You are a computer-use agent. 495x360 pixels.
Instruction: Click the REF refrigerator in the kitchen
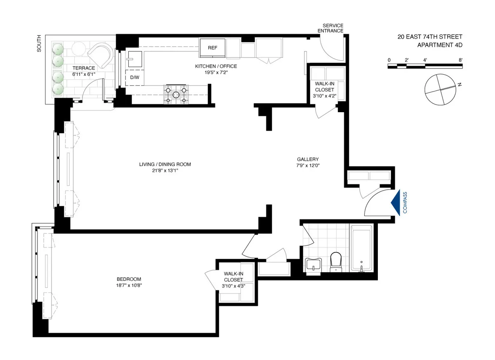point(212,48)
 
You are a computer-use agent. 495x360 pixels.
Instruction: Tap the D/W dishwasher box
point(134,78)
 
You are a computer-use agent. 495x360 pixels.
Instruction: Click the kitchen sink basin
point(134,59)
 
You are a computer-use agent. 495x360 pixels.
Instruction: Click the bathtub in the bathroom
point(361,248)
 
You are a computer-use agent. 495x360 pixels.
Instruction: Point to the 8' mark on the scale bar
point(460,61)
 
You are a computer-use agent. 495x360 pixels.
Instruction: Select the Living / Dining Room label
point(165,164)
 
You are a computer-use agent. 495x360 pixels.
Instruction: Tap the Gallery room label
point(308,159)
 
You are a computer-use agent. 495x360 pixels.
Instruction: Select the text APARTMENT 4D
point(439,45)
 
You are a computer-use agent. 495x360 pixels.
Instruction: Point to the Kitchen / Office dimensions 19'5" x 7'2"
point(216,73)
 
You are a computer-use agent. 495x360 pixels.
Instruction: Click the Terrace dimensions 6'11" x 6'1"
point(84,74)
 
